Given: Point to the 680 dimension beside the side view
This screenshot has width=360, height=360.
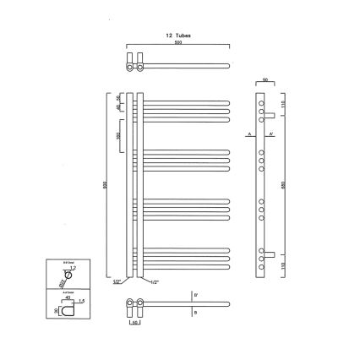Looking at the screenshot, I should tap(281, 181).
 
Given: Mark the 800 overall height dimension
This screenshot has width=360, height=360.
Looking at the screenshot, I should tap(106, 188).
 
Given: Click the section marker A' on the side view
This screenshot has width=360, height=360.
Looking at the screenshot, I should tap(270, 134).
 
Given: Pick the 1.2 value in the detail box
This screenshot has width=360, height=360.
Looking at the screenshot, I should tap(74, 268).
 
